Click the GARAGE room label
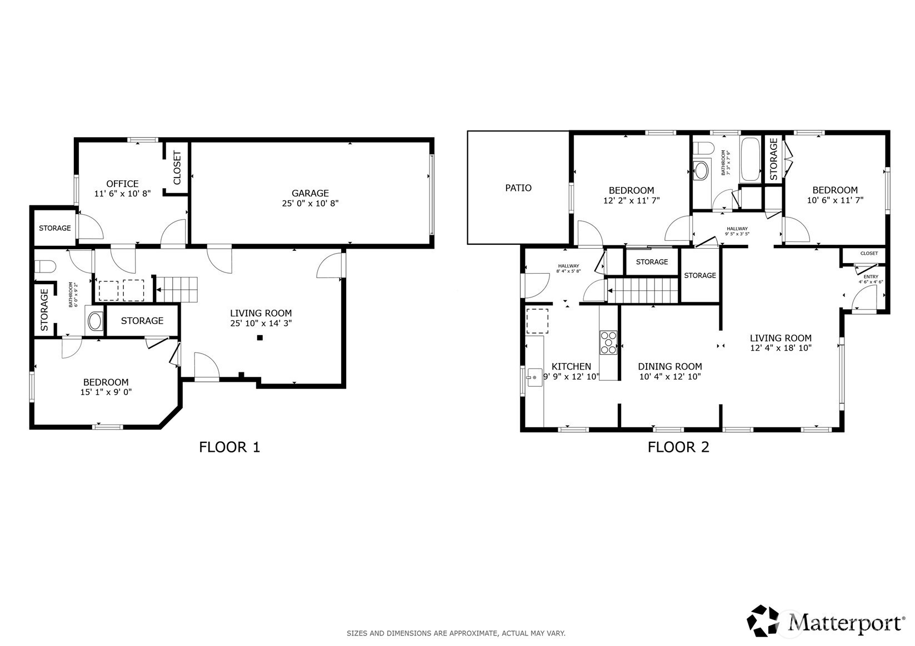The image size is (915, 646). [310, 193]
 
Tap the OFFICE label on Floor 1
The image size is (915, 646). [122, 184]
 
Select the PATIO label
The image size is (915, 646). [518, 188]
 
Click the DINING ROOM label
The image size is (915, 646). [670, 366]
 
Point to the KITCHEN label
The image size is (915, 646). [571, 366]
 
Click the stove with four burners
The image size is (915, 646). [608, 342]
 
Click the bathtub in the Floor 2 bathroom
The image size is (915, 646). [751, 159]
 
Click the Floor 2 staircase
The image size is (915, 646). [643, 291]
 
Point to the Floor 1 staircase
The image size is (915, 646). [177, 290]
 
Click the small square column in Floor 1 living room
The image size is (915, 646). [260, 337]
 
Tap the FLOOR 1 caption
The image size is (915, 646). [229, 447]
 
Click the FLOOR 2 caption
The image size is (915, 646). [678, 447]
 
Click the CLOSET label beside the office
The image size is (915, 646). [177, 168]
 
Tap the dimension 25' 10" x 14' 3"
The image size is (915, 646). [261, 323]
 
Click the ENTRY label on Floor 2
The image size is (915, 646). [871, 277]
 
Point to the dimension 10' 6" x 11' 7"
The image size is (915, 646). [835, 200]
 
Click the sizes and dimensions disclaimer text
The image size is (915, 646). [456, 633]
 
